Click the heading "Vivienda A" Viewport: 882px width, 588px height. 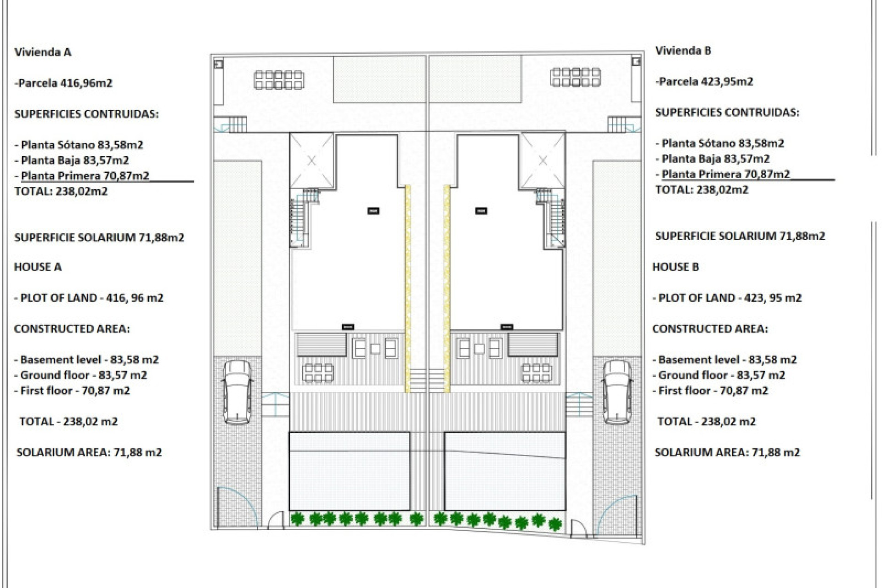[x=43, y=52]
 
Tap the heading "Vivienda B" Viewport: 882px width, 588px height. [x=683, y=51]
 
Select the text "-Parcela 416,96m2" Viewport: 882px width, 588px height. [x=63, y=83]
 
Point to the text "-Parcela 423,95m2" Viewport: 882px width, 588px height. [x=704, y=82]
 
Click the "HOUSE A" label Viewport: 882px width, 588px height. [x=38, y=267]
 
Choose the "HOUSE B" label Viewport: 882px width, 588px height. [x=675, y=267]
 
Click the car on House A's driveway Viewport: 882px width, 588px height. [x=237, y=392]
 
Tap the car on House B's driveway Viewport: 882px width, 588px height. [x=617, y=392]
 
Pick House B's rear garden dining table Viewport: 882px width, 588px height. [x=576, y=77]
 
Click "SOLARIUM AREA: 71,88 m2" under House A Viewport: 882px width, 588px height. [x=89, y=452]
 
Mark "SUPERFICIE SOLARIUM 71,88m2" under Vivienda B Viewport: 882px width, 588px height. [x=740, y=236]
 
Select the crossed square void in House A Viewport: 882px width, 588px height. [x=312, y=161]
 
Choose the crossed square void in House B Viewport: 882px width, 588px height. [x=543, y=161]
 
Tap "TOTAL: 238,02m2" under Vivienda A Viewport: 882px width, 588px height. [x=61, y=191]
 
